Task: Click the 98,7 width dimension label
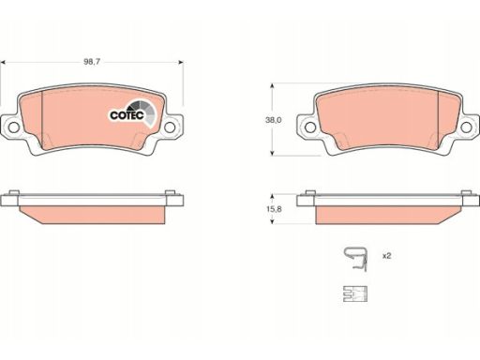92,62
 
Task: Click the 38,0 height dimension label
274,120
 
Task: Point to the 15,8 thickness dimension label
274,209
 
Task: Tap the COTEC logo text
127,115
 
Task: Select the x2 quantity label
387,256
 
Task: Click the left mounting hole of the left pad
13,127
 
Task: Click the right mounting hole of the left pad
170,127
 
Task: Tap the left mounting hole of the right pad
310,127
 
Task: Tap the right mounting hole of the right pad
466,127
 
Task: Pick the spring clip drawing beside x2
355,259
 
